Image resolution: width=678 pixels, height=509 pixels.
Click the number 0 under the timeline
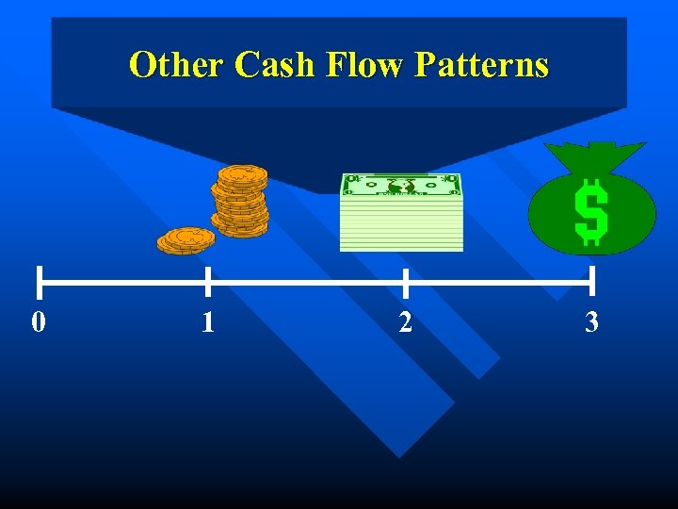click(38, 322)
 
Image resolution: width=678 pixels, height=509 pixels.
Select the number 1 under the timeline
click(208, 323)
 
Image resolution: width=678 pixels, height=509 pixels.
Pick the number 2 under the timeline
click(405, 322)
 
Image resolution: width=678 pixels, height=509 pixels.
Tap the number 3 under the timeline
click(591, 322)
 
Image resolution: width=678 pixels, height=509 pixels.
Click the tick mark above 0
click(40, 281)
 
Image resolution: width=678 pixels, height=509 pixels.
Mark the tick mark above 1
click(207, 281)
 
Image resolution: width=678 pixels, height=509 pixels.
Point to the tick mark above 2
click(405, 281)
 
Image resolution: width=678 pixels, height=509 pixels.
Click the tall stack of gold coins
click(241, 200)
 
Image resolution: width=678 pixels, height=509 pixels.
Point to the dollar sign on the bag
click(590, 212)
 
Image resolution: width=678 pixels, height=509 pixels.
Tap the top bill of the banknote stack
click(401, 185)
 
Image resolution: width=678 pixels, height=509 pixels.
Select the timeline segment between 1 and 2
click(306, 281)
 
